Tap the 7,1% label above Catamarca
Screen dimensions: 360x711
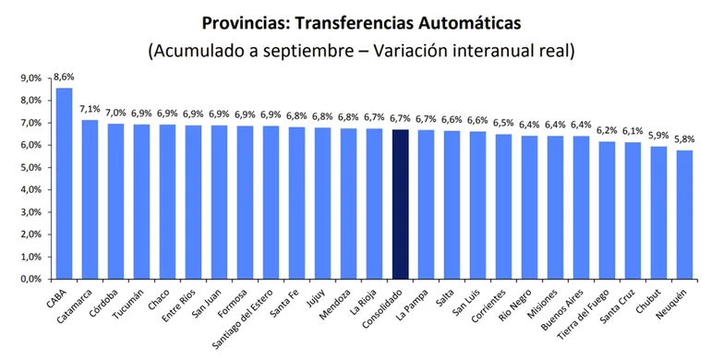(x=90, y=110)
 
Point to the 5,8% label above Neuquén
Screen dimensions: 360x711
(x=685, y=140)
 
